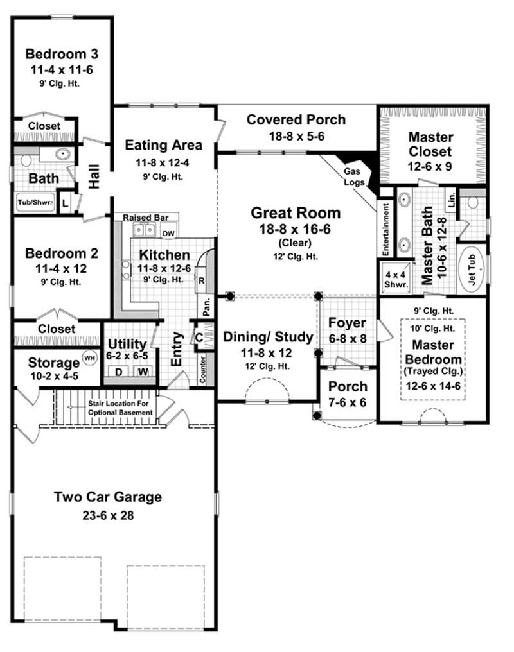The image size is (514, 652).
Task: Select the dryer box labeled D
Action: click(x=118, y=372)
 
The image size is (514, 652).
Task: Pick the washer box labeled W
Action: click(x=141, y=372)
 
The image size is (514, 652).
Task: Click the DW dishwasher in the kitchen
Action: click(x=168, y=233)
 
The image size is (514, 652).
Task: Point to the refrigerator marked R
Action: click(x=201, y=280)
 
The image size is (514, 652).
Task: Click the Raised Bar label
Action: click(x=142, y=218)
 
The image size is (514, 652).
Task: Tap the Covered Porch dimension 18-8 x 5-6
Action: click(x=296, y=137)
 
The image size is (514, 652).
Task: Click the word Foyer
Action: click(x=347, y=322)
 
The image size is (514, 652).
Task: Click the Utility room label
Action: click(x=127, y=344)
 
